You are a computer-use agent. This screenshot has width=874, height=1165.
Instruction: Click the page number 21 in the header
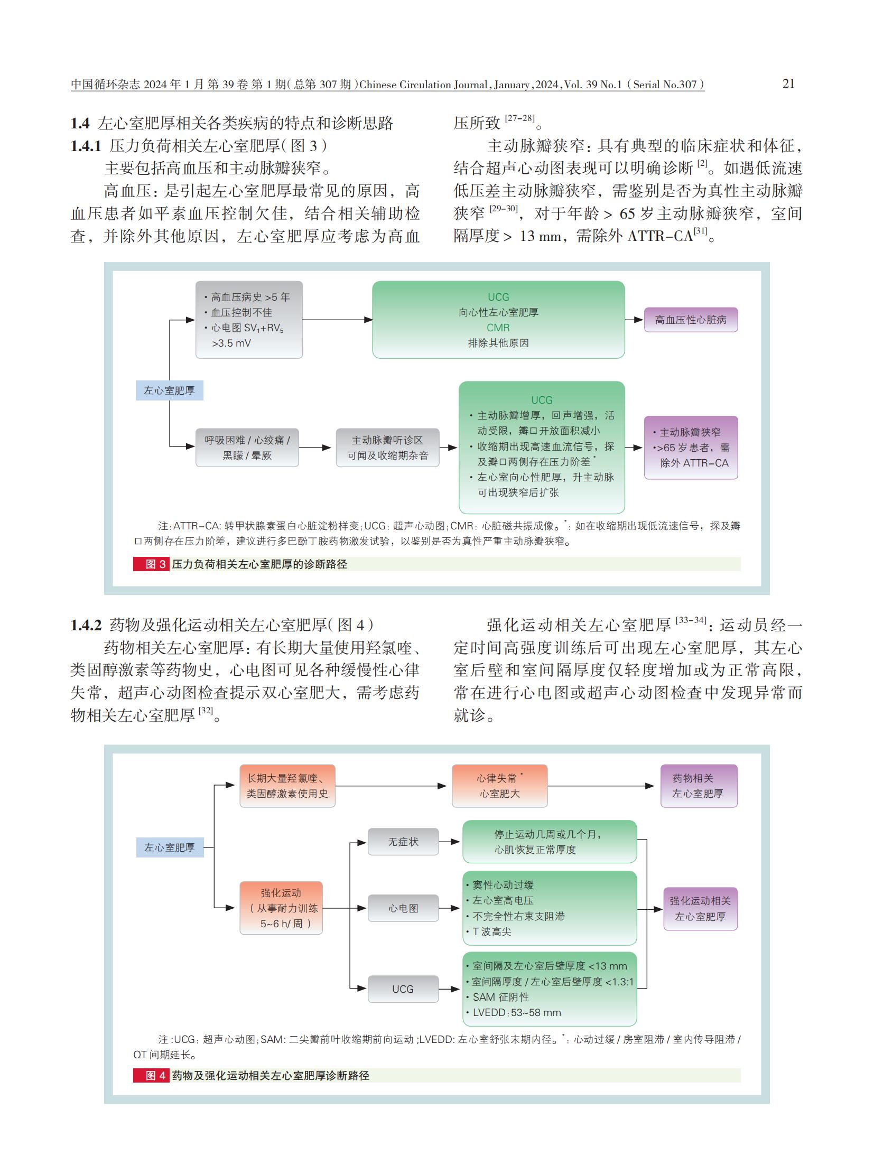pos(788,83)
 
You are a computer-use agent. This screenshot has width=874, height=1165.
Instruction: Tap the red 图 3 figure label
pos(151,564)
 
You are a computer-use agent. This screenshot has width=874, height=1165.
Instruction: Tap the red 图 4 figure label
pos(151,1075)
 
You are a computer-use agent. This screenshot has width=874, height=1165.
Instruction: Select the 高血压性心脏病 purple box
pos(691,320)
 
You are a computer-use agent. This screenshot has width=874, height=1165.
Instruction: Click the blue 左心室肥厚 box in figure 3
pos(169,390)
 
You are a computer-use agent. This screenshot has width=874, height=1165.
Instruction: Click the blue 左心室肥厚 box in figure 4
pos(170,847)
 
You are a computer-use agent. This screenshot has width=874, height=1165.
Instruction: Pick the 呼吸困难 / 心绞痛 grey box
pos(247,448)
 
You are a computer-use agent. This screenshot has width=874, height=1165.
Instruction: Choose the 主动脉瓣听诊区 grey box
pos(388,448)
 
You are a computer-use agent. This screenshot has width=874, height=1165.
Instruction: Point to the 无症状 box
pos(403,842)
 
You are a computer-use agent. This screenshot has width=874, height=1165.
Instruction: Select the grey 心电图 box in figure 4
pos(403,908)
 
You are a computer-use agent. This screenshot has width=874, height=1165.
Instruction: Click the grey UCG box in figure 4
pos(403,989)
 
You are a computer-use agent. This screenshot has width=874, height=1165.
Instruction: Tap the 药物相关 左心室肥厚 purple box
pos(699,786)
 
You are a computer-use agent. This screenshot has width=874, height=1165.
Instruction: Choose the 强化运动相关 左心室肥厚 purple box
pos(701,909)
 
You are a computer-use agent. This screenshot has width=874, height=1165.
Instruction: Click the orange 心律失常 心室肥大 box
pos(500,786)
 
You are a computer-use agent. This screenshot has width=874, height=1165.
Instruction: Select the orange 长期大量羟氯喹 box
pos(287,786)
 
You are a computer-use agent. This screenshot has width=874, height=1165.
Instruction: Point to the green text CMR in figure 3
pos(498,328)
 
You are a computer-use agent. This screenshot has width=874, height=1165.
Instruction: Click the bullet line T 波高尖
pos(489,932)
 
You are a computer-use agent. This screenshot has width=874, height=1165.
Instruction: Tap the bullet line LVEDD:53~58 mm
pos(506,1013)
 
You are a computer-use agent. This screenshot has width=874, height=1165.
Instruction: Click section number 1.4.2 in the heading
pos(86,626)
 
